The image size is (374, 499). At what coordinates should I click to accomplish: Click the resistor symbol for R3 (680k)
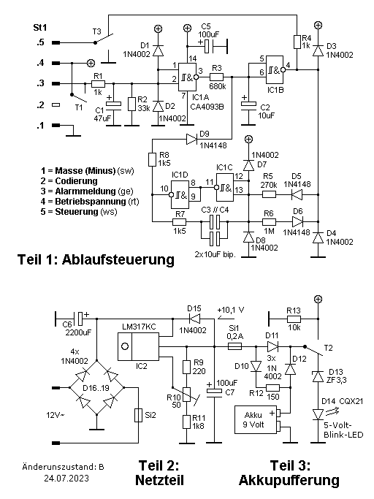[x=216, y=77]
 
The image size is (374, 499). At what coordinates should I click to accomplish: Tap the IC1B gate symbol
[x=275, y=70]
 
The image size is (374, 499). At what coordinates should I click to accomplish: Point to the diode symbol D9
[x=192, y=139]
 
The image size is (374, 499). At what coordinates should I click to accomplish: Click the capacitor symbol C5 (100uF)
[x=210, y=47]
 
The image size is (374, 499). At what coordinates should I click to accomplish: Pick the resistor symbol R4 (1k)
[x=297, y=42]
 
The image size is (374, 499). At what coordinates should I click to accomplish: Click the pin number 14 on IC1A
[x=193, y=58]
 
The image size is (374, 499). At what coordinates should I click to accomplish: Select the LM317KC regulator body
[x=138, y=346]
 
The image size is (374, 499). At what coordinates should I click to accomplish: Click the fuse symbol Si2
[x=138, y=415]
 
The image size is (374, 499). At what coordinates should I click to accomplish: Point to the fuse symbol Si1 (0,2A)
[x=235, y=346]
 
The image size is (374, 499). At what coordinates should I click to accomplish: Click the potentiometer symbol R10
[x=186, y=395]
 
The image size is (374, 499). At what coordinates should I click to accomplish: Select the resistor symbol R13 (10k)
[x=294, y=319]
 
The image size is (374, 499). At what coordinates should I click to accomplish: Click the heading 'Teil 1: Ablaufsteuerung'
[x=96, y=259]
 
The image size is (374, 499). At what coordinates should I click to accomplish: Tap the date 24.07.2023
[x=66, y=479]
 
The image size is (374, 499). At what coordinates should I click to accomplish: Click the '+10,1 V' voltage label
[x=231, y=310]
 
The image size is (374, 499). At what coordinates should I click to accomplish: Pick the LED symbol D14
[x=318, y=414]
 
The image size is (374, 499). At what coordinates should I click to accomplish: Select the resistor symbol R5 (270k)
[x=269, y=194]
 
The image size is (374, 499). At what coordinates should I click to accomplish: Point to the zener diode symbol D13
[x=318, y=376]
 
